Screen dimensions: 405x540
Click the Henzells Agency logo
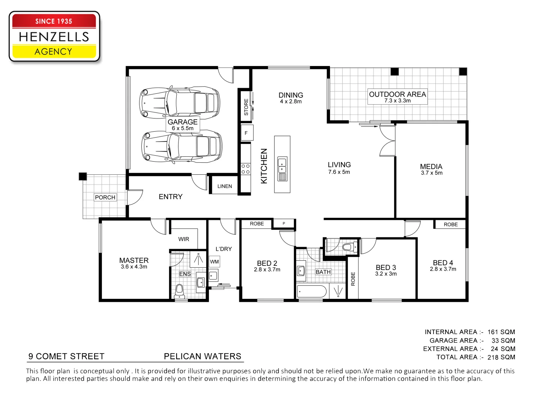(54, 36)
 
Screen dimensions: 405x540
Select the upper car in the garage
(179, 102)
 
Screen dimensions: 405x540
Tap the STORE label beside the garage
(246, 107)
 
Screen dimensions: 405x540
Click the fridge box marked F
(246, 133)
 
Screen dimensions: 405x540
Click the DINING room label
(291, 95)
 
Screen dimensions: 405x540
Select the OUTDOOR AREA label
(397, 94)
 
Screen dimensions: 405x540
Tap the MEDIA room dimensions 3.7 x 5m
(432, 173)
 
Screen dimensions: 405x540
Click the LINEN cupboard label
(225, 186)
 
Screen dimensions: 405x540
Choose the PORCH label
(105, 197)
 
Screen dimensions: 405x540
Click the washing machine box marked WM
(214, 262)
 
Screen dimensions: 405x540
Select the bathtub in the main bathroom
(312, 291)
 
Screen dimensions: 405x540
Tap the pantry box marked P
(284, 223)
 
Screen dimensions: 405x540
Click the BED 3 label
(386, 267)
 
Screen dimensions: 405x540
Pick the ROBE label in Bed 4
(450, 224)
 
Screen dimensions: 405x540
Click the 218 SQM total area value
(501, 357)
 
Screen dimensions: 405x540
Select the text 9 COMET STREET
(66, 356)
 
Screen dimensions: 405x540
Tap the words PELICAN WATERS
(202, 356)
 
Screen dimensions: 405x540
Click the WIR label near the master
(184, 239)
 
